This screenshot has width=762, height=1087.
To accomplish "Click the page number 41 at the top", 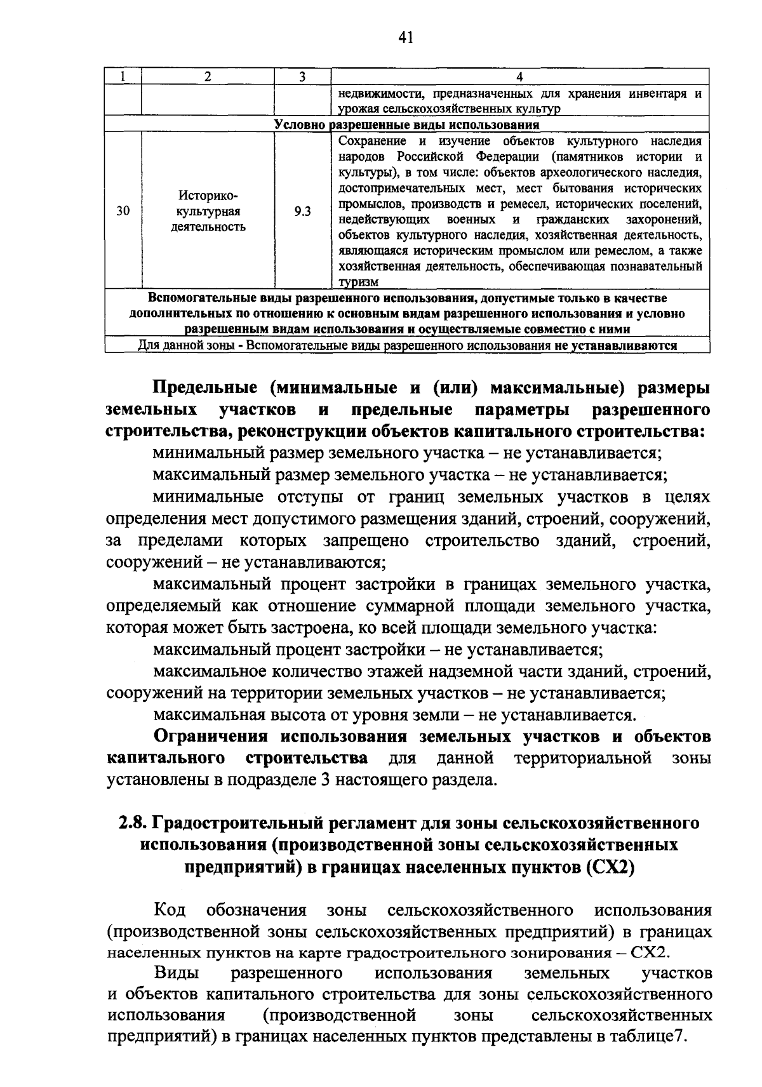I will pos(406,38).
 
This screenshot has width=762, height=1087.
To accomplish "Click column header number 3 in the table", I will pos(302,77).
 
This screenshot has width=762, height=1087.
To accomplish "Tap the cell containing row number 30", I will pos(123,211).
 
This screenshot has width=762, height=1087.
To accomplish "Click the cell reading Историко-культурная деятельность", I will pos(208,211).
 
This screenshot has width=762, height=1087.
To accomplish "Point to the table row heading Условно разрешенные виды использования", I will pos(406,124).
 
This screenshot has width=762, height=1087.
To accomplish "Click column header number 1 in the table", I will pos(123,77).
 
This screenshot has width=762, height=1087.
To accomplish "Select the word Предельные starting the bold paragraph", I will pos(205,388).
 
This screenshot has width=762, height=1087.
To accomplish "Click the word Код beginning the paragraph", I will pos(170,910).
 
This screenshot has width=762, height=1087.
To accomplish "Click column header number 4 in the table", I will pos(519,77).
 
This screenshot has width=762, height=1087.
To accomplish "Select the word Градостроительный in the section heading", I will pos(248,824).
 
